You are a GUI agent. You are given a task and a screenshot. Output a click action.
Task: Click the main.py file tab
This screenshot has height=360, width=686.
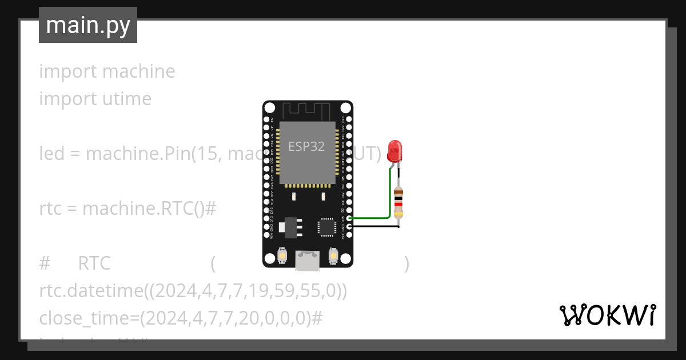point(87,25)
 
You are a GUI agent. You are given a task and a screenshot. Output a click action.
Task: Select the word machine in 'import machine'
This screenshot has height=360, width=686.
point(138,71)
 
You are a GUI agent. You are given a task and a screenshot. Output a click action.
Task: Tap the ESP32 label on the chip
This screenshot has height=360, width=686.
point(306,146)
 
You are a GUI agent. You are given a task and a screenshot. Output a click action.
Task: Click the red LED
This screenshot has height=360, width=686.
point(394,150)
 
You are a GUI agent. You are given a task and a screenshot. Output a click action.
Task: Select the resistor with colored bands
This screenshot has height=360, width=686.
point(398,203)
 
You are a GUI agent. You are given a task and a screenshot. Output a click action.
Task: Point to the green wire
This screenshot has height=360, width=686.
point(372,217)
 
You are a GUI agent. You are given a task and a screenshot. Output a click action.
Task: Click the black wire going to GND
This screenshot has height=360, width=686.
point(374,226)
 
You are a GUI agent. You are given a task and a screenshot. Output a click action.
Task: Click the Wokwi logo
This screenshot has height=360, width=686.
point(607,315)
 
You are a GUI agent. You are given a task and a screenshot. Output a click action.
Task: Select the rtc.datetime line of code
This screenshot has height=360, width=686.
point(193,291)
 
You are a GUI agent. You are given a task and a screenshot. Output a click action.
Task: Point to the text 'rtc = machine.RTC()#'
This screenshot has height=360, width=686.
point(127,209)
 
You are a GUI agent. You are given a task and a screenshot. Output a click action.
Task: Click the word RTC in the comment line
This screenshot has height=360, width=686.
point(94,264)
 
